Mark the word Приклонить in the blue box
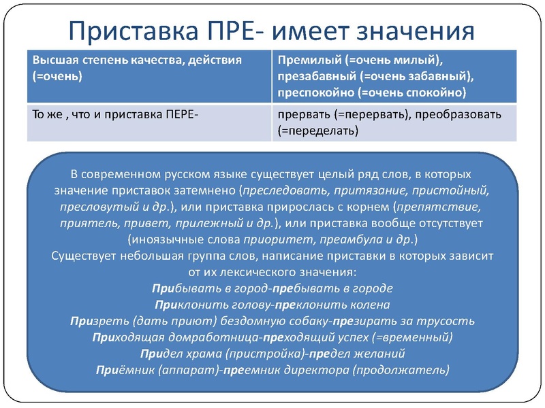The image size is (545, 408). click(x=185, y=305)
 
